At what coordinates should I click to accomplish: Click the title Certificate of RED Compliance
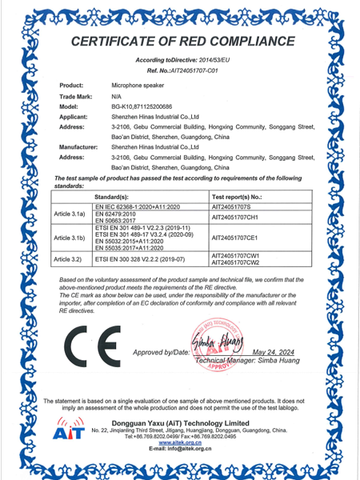[x=180, y=41]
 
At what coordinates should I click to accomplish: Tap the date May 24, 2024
[x=274, y=351]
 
